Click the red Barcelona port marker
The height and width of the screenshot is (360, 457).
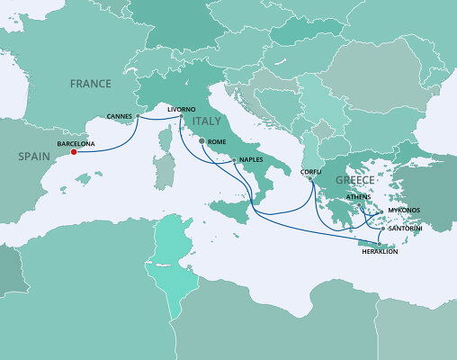click(x=73, y=151)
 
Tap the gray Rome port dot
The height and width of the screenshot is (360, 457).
click(x=201, y=141)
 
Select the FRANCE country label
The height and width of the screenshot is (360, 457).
click(x=92, y=85)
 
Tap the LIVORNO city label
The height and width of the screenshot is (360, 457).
click(x=182, y=109)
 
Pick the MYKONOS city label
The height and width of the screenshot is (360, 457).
click(x=403, y=211)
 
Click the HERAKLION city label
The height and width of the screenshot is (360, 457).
click(x=377, y=251)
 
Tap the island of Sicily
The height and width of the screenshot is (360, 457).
click(x=230, y=209)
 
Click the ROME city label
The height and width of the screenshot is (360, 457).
click(x=217, y=142)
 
